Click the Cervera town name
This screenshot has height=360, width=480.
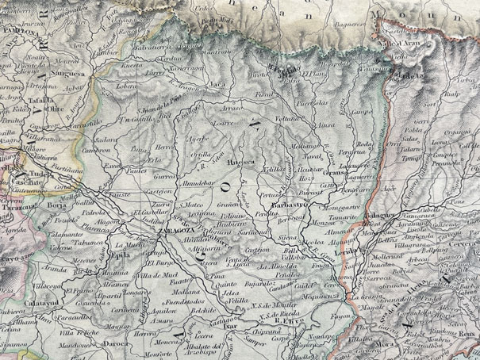coord(467,243)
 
